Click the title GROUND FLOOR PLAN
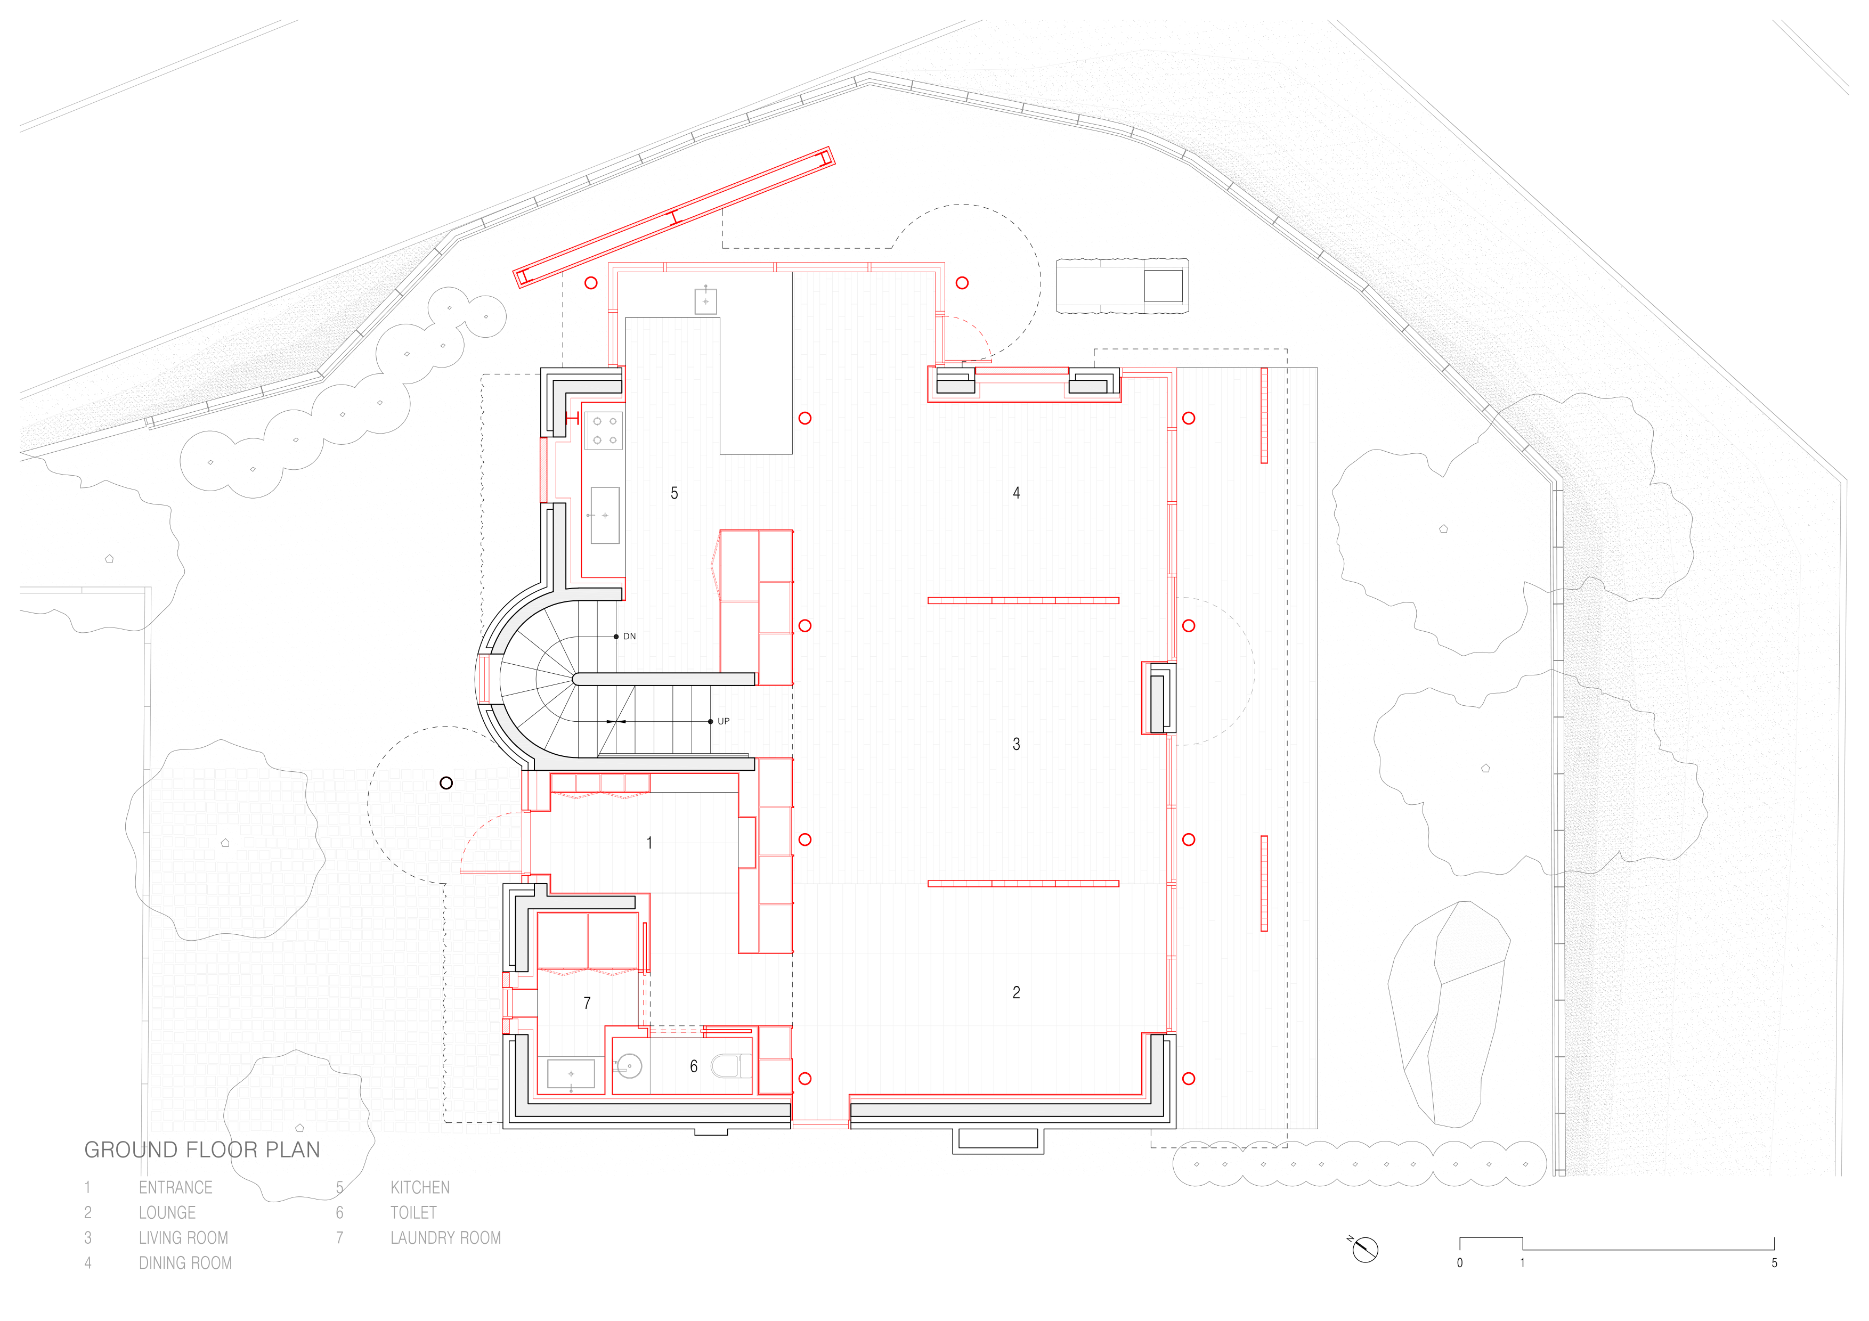click(x=202, y=1149)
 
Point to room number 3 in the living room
click(x=1016, y=744)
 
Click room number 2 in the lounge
click(x=1016, y=992)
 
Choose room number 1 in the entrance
click(x=649, y=843)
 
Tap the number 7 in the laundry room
click(x=587, y=1003)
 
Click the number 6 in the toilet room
click(x=694, y=1066)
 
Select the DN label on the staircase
click(x=629, y=637)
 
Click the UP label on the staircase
click(x=724, y=721)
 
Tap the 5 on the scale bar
click(x=1775, y=1263)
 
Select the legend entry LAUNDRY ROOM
click(x=445, y=1238)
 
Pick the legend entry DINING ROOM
click(x=185, y=1263)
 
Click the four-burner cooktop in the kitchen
click(x=604, y=430)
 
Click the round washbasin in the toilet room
click(x=629, y=1065)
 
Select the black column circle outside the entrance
click(x=446, y=783)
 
